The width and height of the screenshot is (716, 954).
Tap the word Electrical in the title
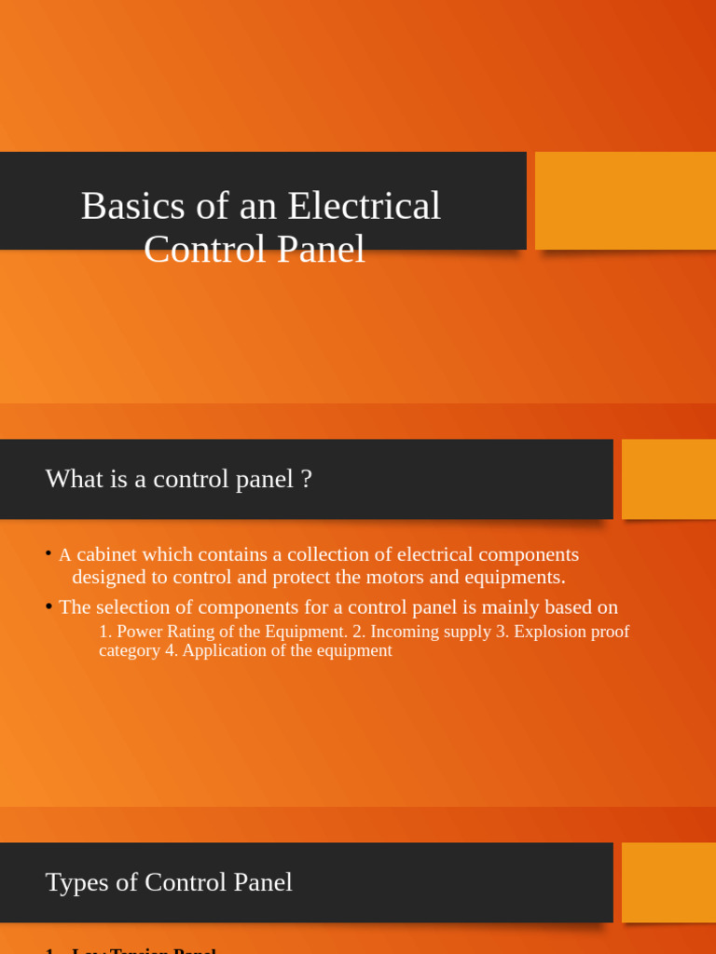365,206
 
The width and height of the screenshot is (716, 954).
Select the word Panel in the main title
320,249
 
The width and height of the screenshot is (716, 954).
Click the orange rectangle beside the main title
625,200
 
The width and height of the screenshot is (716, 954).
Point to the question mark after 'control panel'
306,479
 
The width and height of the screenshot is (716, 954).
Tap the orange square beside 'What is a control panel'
668,479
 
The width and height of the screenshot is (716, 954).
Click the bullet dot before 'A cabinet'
48,553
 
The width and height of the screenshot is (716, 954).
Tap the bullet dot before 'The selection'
48,606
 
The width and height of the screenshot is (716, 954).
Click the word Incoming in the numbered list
406,632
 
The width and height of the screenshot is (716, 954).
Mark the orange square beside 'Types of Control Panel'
668,882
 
